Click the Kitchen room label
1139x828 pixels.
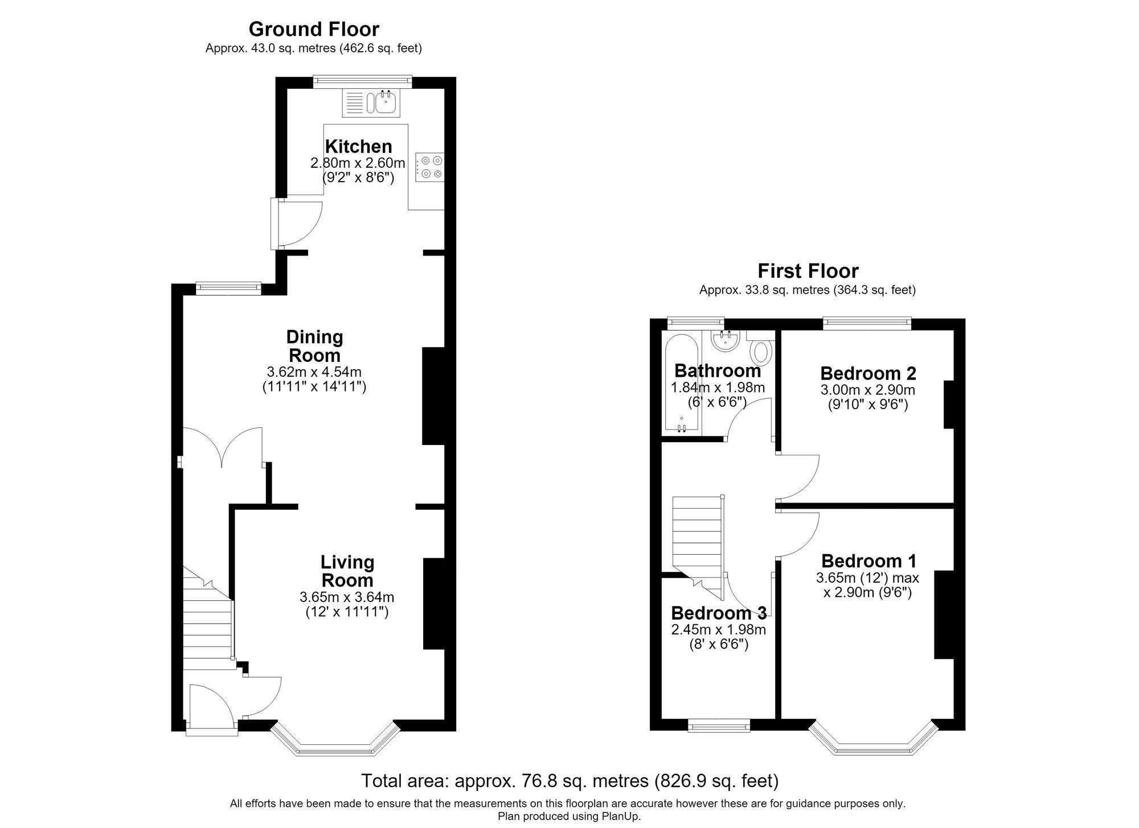point(358,146)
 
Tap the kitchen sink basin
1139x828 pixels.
point(386,102)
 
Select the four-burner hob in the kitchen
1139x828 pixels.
point(429,167)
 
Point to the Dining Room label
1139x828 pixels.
point(314,346)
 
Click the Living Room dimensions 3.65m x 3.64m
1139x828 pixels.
point(347,598)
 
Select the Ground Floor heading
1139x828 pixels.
point(314,28)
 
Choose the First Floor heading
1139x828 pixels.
point(808,270)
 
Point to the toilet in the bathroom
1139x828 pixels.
point(761,349)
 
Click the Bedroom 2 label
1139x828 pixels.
point(868,373)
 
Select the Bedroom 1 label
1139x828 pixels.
point(869,561)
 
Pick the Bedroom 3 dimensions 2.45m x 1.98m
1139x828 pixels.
point(719,630)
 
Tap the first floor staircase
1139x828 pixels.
point(698,541)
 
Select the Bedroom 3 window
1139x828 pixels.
point(719,725)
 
